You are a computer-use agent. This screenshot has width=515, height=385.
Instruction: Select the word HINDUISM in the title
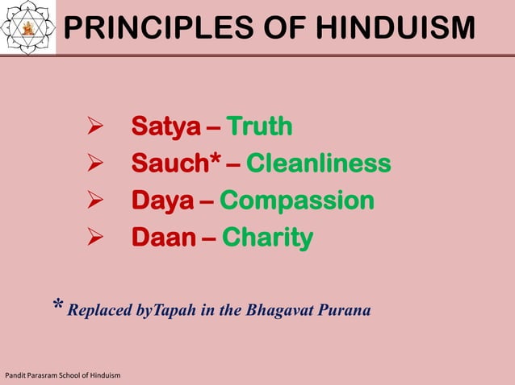[396, 28]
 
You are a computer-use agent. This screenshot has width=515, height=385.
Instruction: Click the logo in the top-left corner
[28, 27]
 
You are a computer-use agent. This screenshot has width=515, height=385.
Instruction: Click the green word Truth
[259, 127]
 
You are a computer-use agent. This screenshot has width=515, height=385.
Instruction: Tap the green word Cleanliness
[319, 164]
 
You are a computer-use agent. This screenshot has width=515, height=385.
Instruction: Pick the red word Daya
[162, 201]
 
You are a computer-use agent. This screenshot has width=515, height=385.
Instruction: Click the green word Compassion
[297, 201]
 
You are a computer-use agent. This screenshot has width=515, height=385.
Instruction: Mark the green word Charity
[267, 238]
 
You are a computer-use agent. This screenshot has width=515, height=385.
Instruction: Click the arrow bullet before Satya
[94, 128]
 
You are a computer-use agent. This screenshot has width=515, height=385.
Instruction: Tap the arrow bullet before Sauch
[94, 165]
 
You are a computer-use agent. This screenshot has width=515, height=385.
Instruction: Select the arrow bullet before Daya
[94, 201]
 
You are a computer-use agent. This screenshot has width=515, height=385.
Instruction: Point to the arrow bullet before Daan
[94, 238]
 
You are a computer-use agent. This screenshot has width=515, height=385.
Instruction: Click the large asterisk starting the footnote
[58, 307]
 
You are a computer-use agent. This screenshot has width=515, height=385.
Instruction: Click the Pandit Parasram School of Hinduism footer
[62, 376]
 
